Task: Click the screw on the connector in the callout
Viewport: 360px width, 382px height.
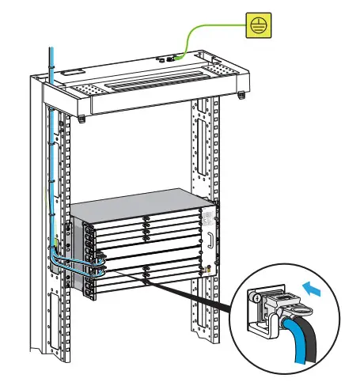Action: pyautogui.click(x=258, y=299)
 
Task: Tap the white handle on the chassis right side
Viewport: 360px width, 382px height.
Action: pyautogui.click(x=211, y=238)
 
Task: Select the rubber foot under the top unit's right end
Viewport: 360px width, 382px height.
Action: pyautogui.click(x=241, y=96)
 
